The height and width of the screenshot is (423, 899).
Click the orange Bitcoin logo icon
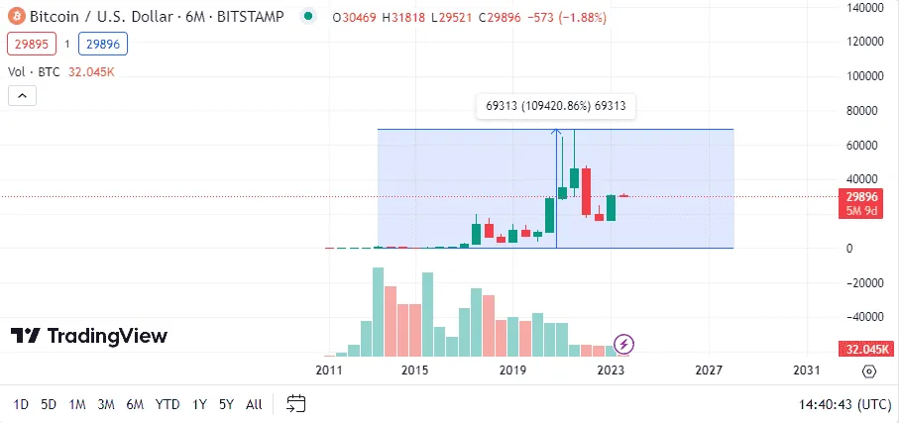[16, 17]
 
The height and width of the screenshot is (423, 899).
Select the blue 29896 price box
[106, 44]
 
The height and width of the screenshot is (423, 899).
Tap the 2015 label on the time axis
[414, 370]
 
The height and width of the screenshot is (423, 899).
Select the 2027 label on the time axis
[708, 370]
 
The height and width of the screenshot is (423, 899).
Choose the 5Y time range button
[226, 404]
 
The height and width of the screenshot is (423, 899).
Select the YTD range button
[168, 404]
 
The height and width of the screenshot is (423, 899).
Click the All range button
[254, 404]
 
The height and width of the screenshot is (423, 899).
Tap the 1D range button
[21, 404]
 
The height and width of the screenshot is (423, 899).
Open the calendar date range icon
[295, 403]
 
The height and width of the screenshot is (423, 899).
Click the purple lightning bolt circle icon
[624, 344]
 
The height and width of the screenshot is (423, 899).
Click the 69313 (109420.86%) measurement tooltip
[556, 106]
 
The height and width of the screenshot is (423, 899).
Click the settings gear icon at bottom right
[869, 371]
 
